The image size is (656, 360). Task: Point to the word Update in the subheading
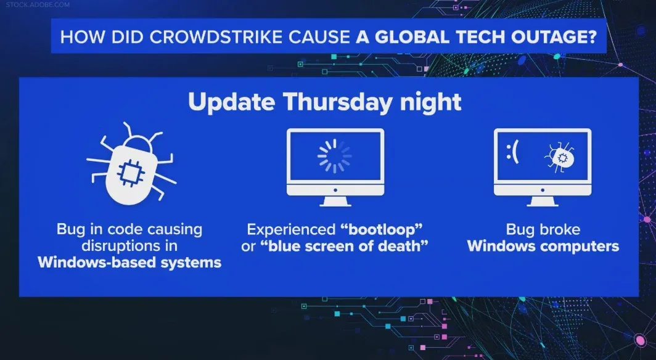pos(232,102)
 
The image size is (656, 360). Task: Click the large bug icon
pos(131,163)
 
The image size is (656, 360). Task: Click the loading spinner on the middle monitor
pos(335,156)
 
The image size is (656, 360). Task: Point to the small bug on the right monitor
pos(559,157)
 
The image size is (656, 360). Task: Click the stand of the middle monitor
pos(335,201)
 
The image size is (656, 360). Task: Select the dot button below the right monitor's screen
pos(543,190)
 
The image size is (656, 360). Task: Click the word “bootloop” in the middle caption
pos(381,229)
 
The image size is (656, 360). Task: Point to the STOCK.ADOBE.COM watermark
pos(38,4)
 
